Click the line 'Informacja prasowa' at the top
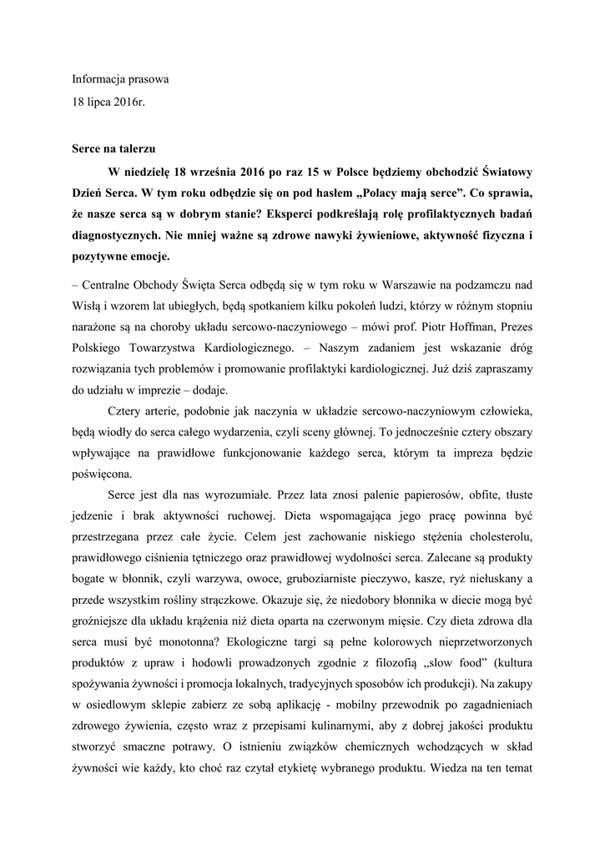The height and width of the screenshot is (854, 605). coord(119,81)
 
